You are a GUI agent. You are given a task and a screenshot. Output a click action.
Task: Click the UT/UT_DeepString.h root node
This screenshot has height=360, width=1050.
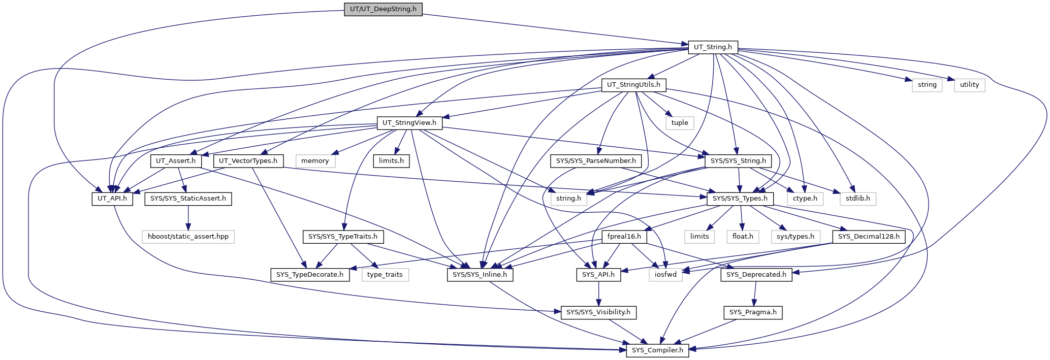(x=383, y=9)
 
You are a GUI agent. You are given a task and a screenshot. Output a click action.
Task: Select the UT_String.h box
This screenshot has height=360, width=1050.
(x=713, y=47)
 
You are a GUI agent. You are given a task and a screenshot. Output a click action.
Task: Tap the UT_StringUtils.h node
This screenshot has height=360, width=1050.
(x=633, y=85)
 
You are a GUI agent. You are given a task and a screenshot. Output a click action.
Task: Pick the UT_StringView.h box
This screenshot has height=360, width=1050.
(x=409, y=123)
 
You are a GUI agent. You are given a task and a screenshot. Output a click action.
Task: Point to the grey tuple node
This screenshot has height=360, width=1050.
(x=680, y=123)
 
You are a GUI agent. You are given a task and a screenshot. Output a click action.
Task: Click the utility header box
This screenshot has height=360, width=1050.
(x=969, y=85)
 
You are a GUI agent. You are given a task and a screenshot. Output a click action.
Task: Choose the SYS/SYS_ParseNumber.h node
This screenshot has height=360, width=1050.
(x=596, y=161)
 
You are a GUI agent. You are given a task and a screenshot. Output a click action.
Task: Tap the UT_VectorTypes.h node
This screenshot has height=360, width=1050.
(x=248, y=161)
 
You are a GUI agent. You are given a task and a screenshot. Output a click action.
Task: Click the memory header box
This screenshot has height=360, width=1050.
(x=315, y=161)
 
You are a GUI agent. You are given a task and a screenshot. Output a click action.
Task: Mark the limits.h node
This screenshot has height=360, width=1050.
(x=391, y=161)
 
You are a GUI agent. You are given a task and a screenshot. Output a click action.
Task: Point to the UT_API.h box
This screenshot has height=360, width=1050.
(x=113, y=199)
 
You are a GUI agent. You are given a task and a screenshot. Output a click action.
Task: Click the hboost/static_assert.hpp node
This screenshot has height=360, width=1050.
(x=188, y=237)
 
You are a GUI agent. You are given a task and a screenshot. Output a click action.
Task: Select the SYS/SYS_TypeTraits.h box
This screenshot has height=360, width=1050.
(x=343, y=237)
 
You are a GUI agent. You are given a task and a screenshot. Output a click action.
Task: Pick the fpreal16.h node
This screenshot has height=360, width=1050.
(x=624, y=237)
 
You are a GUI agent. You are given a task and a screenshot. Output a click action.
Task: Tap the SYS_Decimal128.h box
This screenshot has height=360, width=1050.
(x=869, y=237)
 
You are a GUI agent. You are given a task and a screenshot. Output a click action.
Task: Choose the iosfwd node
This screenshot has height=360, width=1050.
(x=665, y=275)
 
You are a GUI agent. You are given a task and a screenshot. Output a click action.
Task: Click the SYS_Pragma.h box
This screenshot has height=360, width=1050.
(x=753, y=312)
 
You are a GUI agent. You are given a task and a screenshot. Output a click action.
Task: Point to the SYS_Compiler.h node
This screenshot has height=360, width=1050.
(x=657, y=350)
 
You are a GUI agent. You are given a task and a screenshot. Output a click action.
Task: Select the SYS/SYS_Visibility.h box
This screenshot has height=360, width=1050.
(x=598, y=312)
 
